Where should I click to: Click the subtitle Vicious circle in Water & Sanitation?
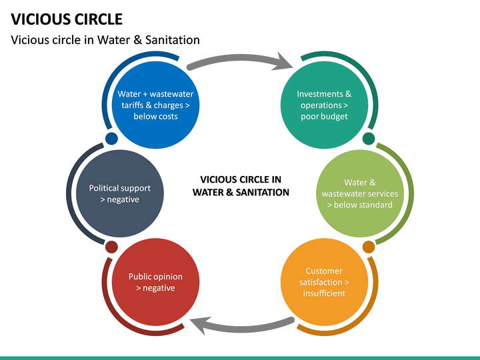(x=105, y=40)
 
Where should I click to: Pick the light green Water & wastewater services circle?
(x=360, y=193)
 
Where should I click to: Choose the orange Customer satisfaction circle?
(x=324, y=282)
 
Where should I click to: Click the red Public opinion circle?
(x=155, y=282)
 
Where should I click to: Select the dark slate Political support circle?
(x=120, y=193)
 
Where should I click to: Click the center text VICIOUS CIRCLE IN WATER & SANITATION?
(x=241, y=186)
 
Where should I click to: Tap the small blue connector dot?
(x=111, y=139)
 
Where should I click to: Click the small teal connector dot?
(x=369, y=139)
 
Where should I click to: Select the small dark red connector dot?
(x=111, y=247)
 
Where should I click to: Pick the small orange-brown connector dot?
(x=369, y=247)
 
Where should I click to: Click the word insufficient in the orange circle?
(x=324, y=293)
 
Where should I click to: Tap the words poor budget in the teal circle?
(x=324, y=117)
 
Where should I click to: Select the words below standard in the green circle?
(x=360, y=205)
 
